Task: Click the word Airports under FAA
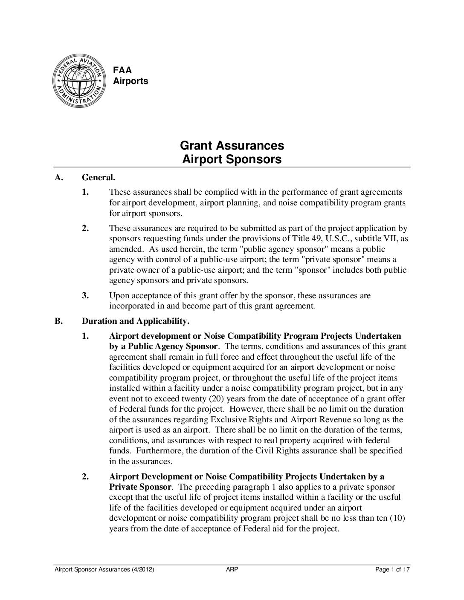pos(130,81)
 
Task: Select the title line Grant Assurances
pos(232,145)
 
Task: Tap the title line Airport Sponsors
pos(232,159)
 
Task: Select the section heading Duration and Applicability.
pos(136,321)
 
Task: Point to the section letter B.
pos(58,321)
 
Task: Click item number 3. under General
pos(86,296)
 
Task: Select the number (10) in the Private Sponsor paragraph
pos(397,518)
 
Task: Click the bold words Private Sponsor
pos(140,487)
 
